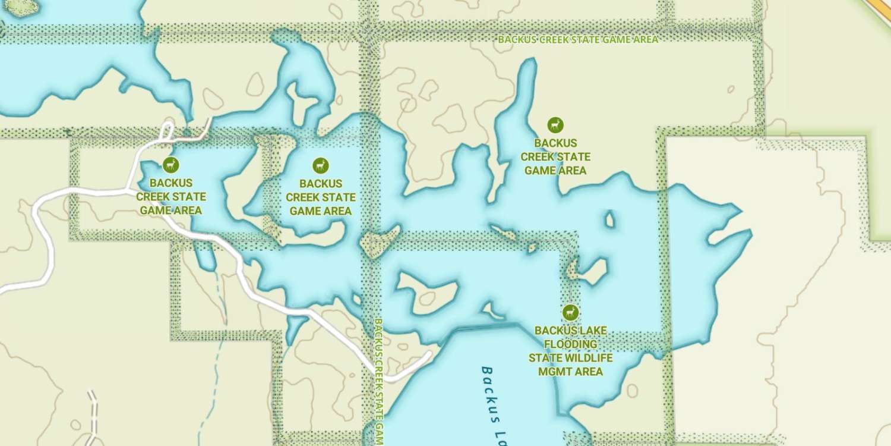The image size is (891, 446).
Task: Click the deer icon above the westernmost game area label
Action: click(x=170, y=165)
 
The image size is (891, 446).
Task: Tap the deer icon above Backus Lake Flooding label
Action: click(x=570, y=312)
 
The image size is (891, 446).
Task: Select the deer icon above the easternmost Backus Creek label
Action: click(x=555, y=125)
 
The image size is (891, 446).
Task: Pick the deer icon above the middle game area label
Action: click(x=321, y=165)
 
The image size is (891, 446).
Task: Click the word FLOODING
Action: click(x=570, y=344)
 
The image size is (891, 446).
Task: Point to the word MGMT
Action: click(x=570, y=372)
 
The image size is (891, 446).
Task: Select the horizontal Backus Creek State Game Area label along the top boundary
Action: click(x=577, y=39)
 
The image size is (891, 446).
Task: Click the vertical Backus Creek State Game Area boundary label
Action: click(x=377, y=381)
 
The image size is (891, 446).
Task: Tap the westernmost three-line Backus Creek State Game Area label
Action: click(x=171, y=197)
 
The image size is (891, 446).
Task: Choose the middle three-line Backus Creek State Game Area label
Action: click(x=321, y=197)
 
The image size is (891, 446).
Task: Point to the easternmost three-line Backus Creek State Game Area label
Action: click(x=555, y=157)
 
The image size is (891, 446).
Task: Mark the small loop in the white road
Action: click(x=167, y=131)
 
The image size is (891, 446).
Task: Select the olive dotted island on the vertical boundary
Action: click(x=378, y=241)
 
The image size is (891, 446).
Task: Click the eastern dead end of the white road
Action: click(x=429, y=354)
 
